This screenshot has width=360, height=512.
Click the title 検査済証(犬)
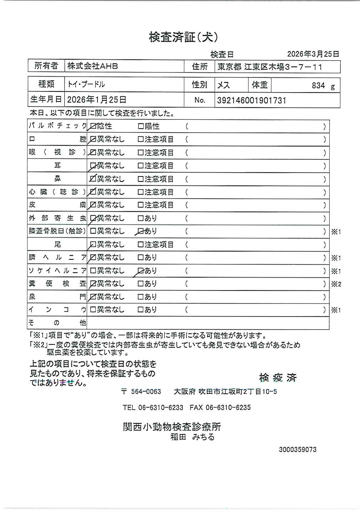click(183, 37)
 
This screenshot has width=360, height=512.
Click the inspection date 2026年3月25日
click(313, 54)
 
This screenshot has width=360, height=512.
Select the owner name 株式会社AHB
click(92, 66)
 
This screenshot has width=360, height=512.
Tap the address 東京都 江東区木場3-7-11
click(270, 67)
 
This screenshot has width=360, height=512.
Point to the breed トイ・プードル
click(86, 85)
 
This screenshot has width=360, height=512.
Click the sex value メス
click(224, 85)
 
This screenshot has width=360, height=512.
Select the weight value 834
click(318, 85)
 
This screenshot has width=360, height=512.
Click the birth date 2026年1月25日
click(96, 100)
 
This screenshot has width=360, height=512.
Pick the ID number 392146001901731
click(252, 100)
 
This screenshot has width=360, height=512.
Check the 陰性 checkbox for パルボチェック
click(94, 126)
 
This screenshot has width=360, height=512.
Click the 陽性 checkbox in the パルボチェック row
click(141, 126)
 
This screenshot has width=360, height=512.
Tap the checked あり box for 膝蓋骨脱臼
click(141, 231)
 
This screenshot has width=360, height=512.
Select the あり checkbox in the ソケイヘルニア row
click(141, 270)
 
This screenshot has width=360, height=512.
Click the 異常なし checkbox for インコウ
click(93, 310)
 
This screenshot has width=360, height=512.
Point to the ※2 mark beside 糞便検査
click(336, 284)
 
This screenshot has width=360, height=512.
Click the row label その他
click(57, 323)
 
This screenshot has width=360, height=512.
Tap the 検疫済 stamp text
click(278, 378)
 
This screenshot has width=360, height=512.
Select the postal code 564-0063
click(146, 392)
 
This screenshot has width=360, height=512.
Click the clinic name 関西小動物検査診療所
click(172, 427)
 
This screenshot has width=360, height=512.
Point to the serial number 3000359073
click(297, 449)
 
